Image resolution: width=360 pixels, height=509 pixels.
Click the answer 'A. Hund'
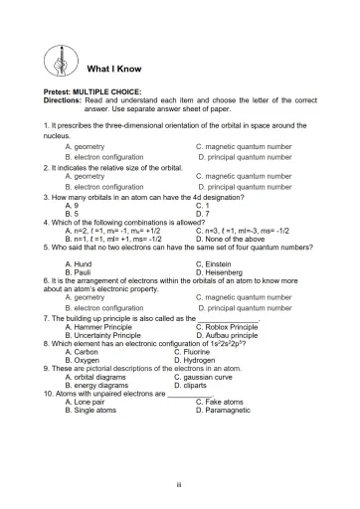(x=79, y=263)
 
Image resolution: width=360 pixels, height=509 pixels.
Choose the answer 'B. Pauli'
(x=80, y=271)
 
